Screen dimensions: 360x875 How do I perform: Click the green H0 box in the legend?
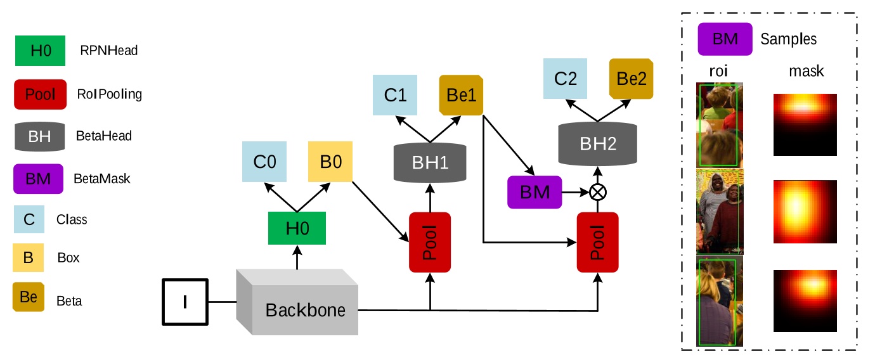pyautogui.click(x=39, y=51)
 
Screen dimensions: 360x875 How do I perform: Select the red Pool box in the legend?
pyautogui.click(x=39, y=94)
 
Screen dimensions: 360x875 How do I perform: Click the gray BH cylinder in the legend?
pyautogui.click(x=39, y=136)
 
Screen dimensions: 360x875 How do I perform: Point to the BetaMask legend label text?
pyautogui.click(x=102, y=179)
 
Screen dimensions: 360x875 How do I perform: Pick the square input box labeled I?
pyautogui.click(x=185, y=302)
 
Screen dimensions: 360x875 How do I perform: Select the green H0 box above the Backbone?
pyautogui.click(x=297, y=228)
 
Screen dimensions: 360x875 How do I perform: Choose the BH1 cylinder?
pyautogui.click(x=430, y=162)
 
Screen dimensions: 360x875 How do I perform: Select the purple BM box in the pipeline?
pyautogui.click(x=535, y=191)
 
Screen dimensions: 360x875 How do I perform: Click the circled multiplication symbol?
pyautogui.click(x=596, y=192)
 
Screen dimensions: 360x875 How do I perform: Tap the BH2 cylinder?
pyautogui.click(x=597, y=143)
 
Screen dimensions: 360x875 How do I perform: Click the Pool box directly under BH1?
pyautogui.click(x=430, y=242)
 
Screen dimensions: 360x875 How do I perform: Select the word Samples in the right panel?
pyautogui.click(x=788, y=39)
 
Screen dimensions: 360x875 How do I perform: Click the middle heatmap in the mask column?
pyautogui.click(x=805, y=212)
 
